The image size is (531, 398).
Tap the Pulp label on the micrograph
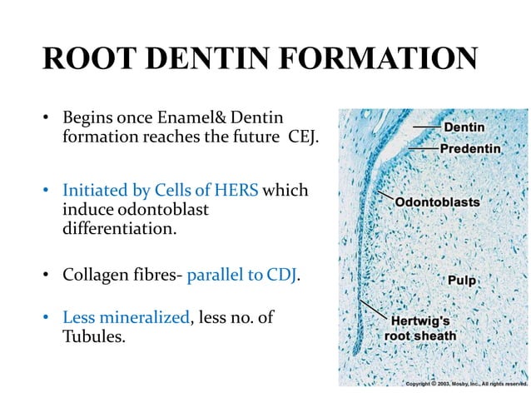(x=461, y=281)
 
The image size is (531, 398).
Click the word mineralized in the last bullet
(x=144, y=317)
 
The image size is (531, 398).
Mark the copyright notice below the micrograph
(x=465, y=384)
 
